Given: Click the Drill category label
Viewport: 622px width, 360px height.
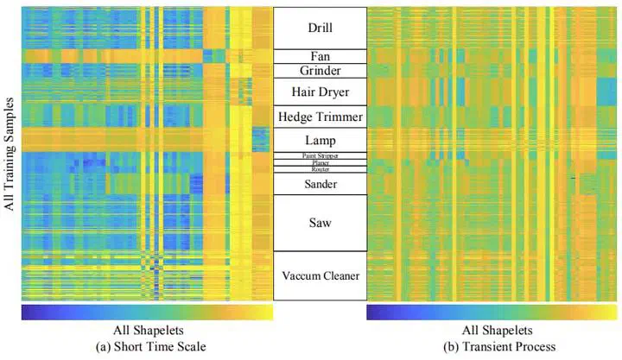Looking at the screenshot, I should coord(320,28).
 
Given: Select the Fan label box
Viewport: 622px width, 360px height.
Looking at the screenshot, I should coord(320,56).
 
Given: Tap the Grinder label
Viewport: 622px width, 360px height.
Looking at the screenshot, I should coord(320,70).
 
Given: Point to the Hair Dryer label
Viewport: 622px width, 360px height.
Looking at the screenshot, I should coord(320,91).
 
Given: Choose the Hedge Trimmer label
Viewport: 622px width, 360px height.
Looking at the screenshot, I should coord(320,117).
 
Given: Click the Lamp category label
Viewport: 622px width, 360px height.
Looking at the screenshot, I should coord(320,140).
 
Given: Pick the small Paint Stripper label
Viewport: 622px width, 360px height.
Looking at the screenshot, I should coord(320,155).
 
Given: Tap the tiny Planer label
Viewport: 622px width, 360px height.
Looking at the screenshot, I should coord(320,162).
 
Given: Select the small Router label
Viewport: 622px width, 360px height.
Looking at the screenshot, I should coord(320,169).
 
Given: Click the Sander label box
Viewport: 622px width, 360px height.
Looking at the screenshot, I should coord(320,184).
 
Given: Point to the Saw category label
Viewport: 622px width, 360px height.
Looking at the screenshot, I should coord(320,223).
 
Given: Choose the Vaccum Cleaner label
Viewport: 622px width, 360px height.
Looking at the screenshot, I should coord(320,276).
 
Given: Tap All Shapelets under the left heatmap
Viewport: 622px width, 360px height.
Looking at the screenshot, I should coord(147,331).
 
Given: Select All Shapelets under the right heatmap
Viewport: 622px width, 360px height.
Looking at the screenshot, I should coord(492,331).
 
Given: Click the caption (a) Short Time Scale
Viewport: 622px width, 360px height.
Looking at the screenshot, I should coord(147,346).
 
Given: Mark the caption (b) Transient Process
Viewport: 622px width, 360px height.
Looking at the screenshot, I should coord(492,346).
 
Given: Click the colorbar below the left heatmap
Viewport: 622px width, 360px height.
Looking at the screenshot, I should coord(147,312).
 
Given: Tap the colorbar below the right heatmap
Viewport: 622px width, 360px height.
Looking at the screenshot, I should coord(492,312).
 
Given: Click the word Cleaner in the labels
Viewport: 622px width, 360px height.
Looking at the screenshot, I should coord(340,276).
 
